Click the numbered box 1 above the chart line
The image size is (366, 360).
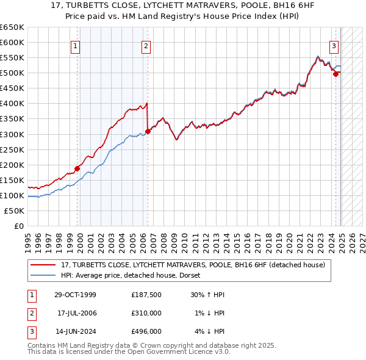coord(75,45)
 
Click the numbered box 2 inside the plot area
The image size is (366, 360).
coord(146,45)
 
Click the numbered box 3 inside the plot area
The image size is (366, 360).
coord(334,45)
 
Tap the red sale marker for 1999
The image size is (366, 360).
coord(77,168)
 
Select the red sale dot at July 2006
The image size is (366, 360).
coord(148,131)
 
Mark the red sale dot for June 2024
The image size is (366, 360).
coord(335,74)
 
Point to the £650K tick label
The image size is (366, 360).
coord(12,27)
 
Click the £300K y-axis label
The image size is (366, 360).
coord(12,134)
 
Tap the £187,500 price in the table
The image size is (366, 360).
coord(146,295)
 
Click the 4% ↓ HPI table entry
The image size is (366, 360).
coord(209,331)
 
